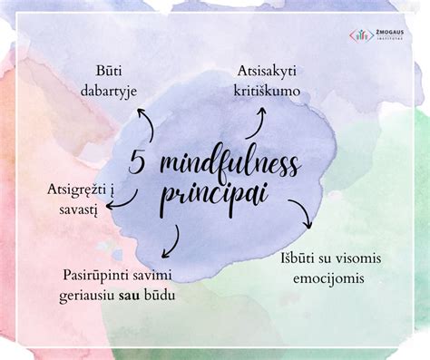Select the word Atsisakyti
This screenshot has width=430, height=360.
pyautogui.click(x=268, y=70)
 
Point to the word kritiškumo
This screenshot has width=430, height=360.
pyautogui.click(x=268, y=90)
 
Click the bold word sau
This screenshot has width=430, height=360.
pyautogui.click(x=152, y=296)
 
